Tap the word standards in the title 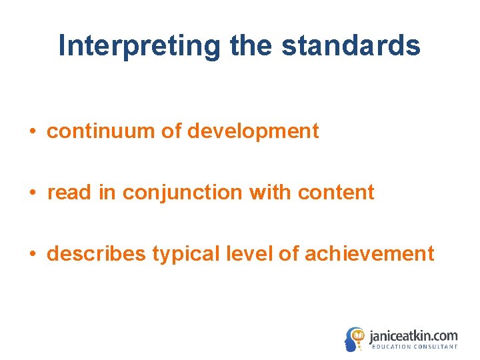point(351,46)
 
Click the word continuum point(101,131)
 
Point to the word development point(253,131)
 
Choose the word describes point(97,254)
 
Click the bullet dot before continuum point(33,132)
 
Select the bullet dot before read point(33,193)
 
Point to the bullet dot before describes point(33,255)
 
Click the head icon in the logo point(355,339)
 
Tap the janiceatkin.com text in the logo point(413,335)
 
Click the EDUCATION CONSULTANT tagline point(414,347)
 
